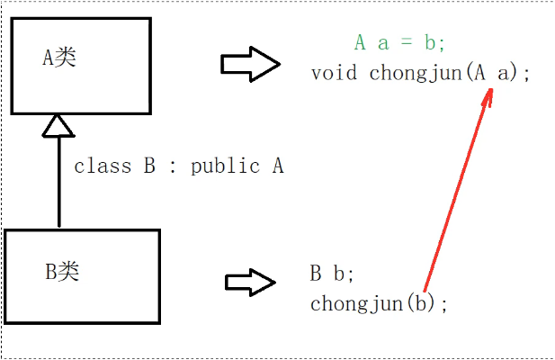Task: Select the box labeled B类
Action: pyautogui.click(x=82, y=274)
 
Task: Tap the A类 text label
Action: pyautogui.click(x=59, y=58)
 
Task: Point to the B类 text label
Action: pyautogui.click(x=62, y=272)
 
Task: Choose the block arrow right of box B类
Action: pyautogui.click(x=249, y=282)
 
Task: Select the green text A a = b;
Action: pyautogui.click(x=400, y=42)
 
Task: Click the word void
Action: pyautogui.click(x=335, y=73)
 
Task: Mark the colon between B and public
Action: pyautogui.click(x=172, y=167)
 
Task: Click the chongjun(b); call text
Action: pyautogui.click(x=378, y=303)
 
